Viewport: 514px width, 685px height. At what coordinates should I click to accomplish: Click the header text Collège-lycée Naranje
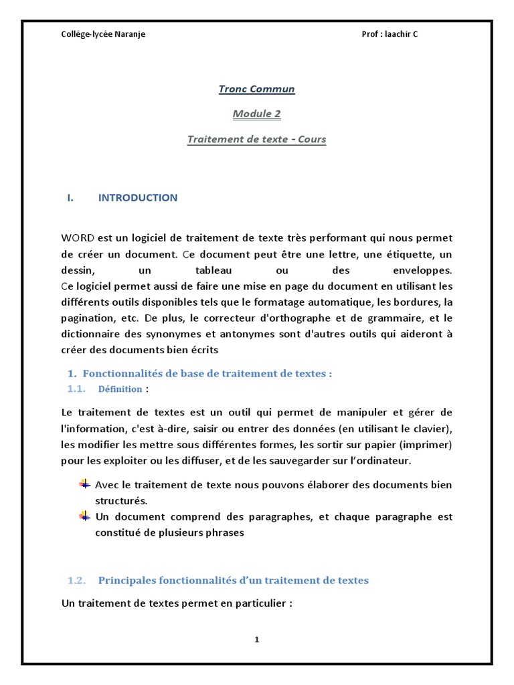(103, 34)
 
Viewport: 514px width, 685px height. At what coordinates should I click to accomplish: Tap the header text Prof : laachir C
(390, 34)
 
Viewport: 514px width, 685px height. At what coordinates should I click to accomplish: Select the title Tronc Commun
(256, 89)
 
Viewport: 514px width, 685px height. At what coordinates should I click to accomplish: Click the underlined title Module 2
(256, 114)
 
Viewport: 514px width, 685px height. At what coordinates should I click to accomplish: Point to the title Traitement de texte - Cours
(256, 139)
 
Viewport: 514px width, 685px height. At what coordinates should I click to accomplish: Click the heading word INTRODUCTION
(138, 197)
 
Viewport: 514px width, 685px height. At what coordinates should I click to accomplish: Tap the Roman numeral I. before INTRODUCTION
(70, 197)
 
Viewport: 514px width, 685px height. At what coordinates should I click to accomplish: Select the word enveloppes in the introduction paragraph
(420, 270)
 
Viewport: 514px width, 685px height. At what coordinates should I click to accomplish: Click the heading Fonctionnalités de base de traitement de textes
(207, 374)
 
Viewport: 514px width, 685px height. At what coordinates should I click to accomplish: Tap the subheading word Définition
(120, 389)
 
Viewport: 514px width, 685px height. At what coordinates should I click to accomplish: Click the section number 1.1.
(77, 389)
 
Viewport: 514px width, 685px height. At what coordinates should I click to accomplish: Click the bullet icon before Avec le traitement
(84, 484)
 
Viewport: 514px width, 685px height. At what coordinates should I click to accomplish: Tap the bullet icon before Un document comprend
(84, 516)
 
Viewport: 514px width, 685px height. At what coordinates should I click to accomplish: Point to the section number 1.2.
(78, 581)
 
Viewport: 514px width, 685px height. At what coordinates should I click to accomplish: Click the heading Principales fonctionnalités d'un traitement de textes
(233, 581)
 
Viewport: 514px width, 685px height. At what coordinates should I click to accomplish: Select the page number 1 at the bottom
(256, 640)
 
